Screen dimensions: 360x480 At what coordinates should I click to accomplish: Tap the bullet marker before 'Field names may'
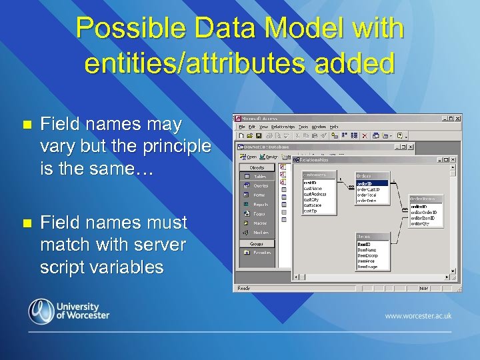click(x=26, y=124)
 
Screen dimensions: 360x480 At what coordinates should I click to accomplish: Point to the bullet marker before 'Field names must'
click(x=26, y=222)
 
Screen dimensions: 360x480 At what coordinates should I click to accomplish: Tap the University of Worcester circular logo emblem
click(x=41, y=310)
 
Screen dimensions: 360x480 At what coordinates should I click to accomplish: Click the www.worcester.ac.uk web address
click(x=418, y=315)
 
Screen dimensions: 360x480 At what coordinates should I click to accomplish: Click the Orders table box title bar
click(x=371, y=175)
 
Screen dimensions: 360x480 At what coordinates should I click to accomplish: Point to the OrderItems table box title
click(x=425, y=198)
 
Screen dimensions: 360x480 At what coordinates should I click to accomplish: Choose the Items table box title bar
click(x=371, y=236)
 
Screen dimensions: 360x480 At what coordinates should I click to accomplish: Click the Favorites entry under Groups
click(x=261, y=253)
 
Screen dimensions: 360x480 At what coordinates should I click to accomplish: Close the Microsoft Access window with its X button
click(x=457, y=118)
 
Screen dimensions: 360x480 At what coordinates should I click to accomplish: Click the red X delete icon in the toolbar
click(x=364, y=135)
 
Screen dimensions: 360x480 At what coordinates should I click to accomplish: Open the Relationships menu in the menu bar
click(x=282, y=126)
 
